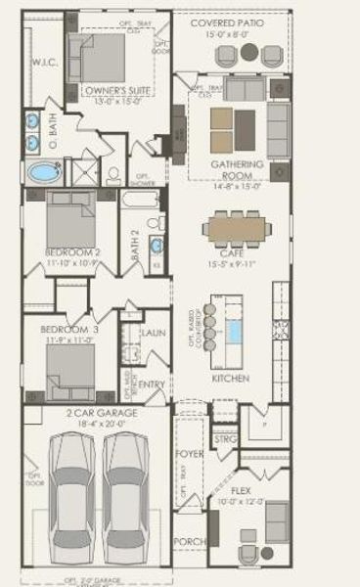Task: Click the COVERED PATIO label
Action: pyautogui.click(x=231, y=22)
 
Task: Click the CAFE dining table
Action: pyautogui.click(x=238, y=228)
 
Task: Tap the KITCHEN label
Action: pyautogui.click(x=231, y=378)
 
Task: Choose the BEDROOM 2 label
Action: pyautogui.click(x=71, y=252)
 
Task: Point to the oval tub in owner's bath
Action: pyautogui.click(x=43, y=174)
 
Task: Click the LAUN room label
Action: pyautogui.click(x=153, y=333)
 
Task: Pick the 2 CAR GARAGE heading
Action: pyautogui.click(x=102, y=414)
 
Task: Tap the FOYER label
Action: pyautogui.click(x=188, y=455)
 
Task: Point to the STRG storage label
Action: pyautogui.click(x=225, y=439)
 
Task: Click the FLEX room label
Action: pyautogui.click(x=241, y=489)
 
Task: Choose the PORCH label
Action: pyautogui.click(x=188, y=541)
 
